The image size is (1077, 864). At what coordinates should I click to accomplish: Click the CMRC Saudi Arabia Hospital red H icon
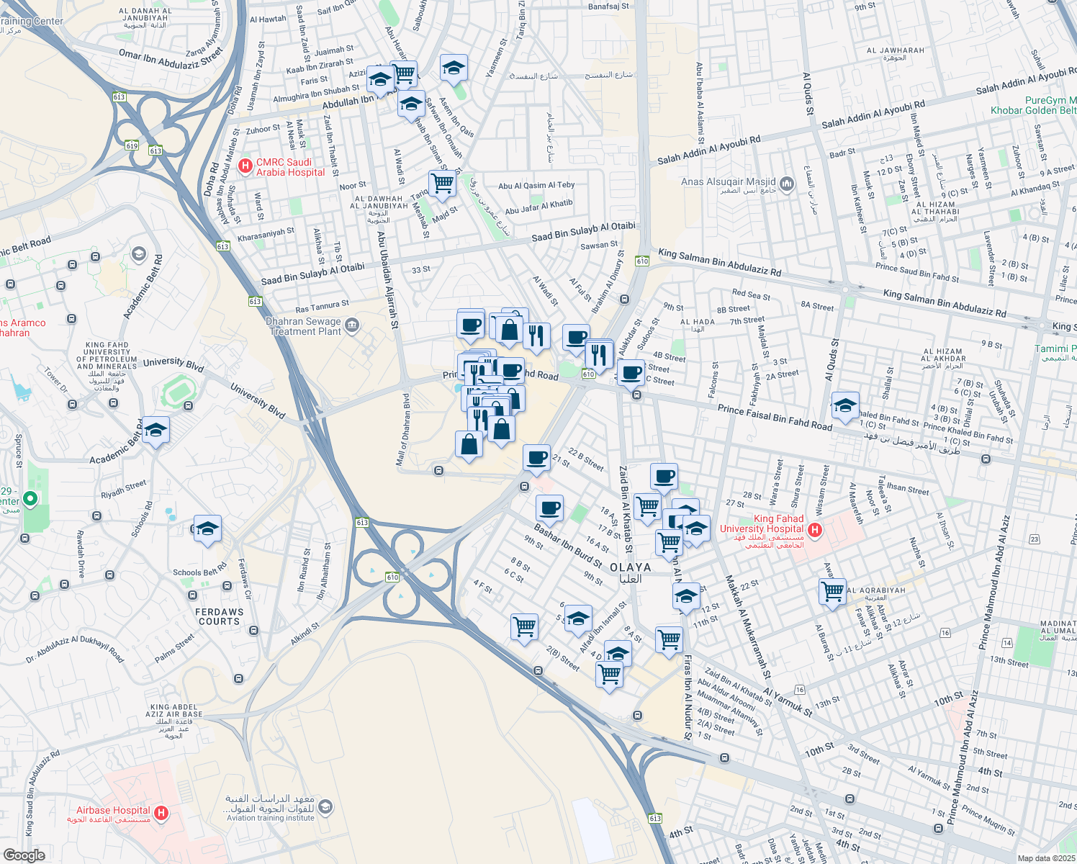point(245,166)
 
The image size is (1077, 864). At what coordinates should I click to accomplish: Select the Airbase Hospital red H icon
point(161,813)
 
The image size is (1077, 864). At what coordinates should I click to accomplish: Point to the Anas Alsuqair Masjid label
point(729,182)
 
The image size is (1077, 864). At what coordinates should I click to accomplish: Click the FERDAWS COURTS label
point(220,616)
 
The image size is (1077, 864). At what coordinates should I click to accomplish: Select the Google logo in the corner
point(24,855)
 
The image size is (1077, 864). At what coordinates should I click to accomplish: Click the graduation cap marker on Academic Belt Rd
point(156,431)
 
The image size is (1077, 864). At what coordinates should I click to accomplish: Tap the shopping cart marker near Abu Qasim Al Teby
point(442,183)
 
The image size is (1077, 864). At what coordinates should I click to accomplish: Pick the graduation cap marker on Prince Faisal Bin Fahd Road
point(845,405)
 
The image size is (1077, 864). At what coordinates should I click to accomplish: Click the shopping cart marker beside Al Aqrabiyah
point(832,592)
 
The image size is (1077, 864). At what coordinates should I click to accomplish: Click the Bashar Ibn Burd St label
point(568,546)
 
